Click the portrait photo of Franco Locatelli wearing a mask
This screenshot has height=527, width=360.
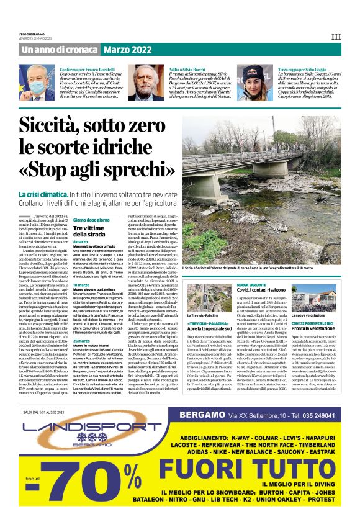click(37, 83)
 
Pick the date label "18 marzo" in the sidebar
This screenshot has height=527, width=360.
click(81, 285)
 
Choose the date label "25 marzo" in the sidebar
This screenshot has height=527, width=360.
click(81, 341)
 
